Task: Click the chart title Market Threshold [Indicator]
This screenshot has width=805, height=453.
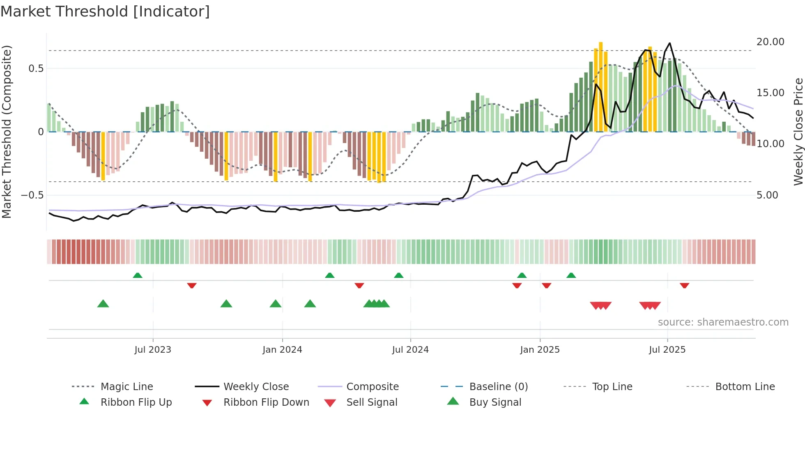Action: click(x=105, y=12)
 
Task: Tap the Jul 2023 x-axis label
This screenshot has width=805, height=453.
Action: click(x=153, y=349)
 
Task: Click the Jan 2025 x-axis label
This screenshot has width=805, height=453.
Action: click(x=540, y=349)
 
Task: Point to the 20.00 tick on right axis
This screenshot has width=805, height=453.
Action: click(x=770, y=42)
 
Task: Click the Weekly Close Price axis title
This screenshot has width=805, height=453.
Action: click(x=798, y=132)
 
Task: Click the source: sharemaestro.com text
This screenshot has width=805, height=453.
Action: click(x=723, y=322)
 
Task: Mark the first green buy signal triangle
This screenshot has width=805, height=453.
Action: click(x=103, y=304)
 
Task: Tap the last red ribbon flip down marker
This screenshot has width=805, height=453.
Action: click(x=684, y=285)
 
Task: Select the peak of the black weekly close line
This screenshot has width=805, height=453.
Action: click(x=669, y=43)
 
